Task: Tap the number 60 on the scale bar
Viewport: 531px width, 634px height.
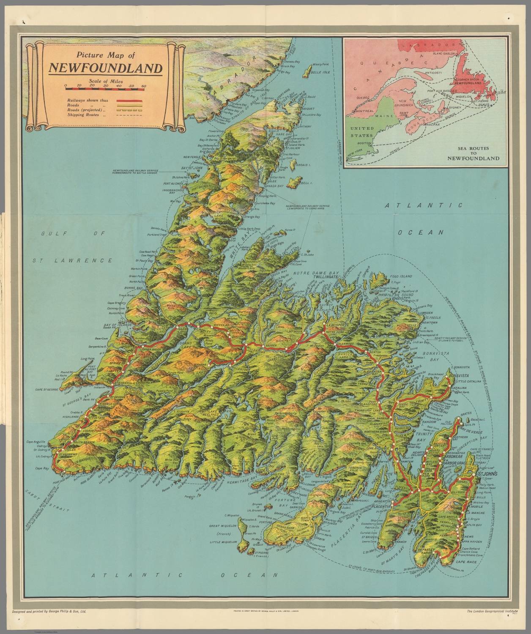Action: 143,85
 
